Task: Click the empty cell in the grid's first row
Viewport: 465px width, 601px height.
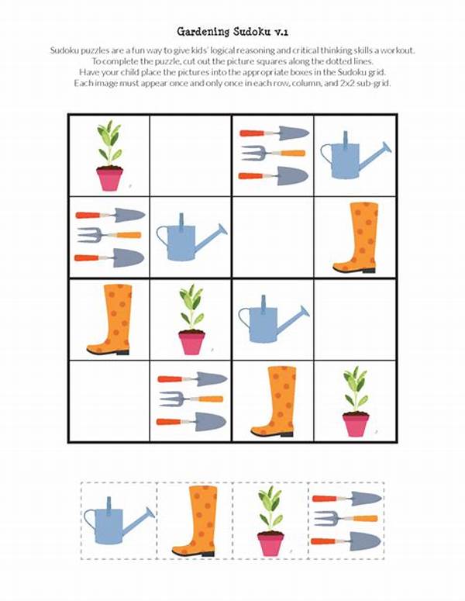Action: (x=191, y=155)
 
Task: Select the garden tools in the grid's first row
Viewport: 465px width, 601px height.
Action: (x=273, y=155)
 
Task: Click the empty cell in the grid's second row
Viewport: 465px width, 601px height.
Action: (x=273, y=237)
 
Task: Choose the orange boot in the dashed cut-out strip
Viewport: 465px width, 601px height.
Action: (x=195, y=520)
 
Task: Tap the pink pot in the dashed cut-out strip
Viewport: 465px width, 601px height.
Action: (x=270, y=544)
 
